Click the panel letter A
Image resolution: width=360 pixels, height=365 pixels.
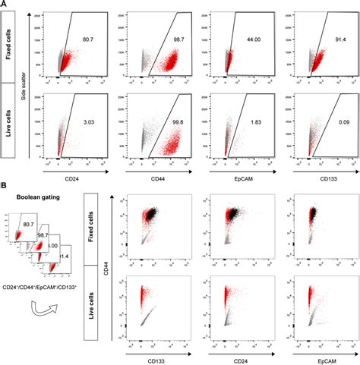coord(5,5)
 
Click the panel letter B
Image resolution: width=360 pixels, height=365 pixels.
coord(5,185)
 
